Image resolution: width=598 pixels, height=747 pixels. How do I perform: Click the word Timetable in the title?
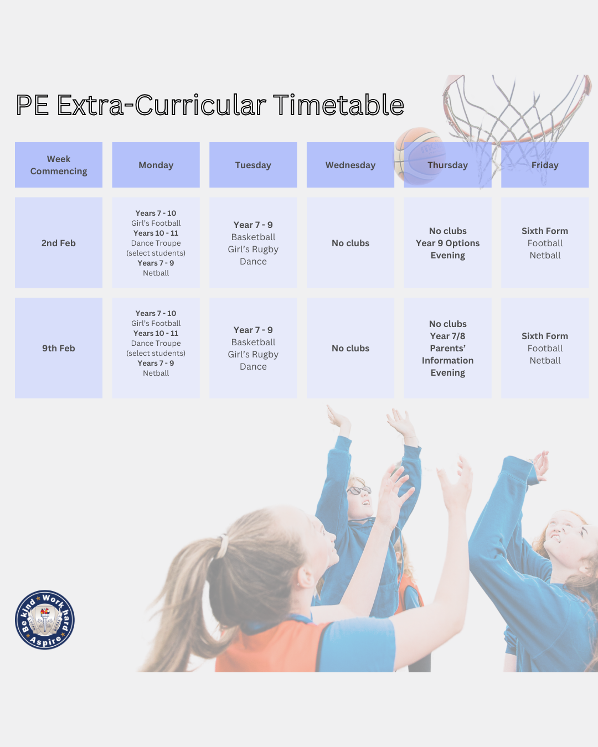pos(338,105)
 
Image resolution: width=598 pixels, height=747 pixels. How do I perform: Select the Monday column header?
pos(156,165)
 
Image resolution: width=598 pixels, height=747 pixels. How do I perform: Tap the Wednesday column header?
pos(350,165)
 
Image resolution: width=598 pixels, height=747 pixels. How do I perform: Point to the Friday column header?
pos(545,165)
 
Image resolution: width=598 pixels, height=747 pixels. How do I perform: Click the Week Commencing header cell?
pos(58,165)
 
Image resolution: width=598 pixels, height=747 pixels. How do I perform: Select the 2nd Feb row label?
pos(58,242)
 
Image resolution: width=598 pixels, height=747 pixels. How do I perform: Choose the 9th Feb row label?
pos(58,348)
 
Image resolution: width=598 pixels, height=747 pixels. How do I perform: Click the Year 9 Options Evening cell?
pos(447,242)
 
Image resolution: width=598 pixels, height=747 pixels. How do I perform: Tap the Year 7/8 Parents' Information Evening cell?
pos(447,348)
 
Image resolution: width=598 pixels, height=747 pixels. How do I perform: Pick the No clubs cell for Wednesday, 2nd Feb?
pos(350,242)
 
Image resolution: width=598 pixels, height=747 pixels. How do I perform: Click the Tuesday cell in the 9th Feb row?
pos(253,348)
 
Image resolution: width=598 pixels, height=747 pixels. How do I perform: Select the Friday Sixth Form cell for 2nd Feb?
pos(545,242)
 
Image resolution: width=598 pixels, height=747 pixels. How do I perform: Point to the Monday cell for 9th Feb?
pos(156,348)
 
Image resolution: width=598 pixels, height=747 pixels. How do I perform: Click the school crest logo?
pos(45,620)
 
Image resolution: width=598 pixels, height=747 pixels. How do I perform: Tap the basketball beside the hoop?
pos(419,156)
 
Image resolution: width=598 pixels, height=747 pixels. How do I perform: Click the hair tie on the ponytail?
pos(222,546)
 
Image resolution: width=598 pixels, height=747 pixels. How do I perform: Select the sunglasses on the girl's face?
pos(359,490)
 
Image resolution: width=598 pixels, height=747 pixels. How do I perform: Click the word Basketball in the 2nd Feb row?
pos(253,237)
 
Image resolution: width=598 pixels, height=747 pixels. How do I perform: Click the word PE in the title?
pos(32,105)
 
